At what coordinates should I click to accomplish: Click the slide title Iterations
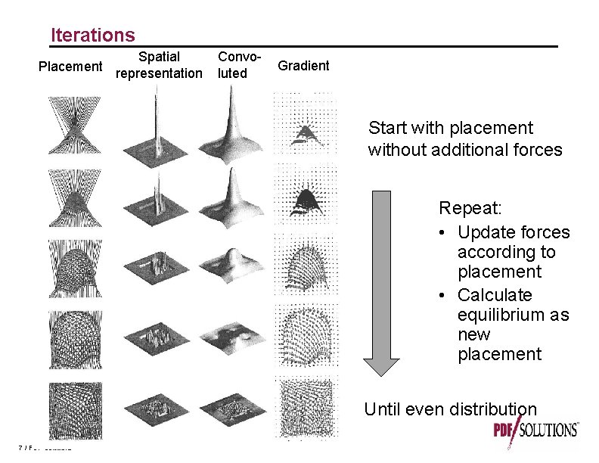point(92,35)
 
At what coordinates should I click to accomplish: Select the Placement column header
point(70,67)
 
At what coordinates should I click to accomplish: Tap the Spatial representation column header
point(159,65)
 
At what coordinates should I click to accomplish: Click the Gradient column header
point(303,66)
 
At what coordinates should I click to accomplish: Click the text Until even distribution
point(450,410)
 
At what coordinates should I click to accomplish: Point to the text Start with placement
point(450,128)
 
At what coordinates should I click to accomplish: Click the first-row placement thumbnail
point(70,126)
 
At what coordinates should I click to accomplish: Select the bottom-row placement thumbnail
point(70,409)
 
